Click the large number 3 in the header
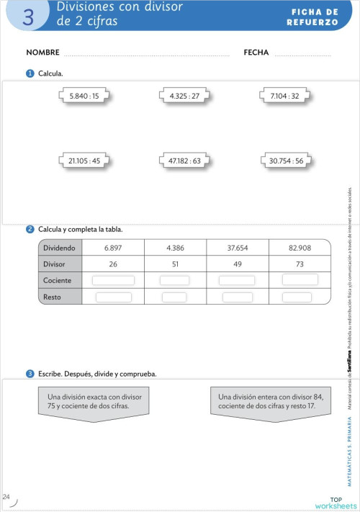[x=28, y=17]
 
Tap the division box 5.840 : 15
[x=84, y=95]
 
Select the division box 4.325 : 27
[x=184, y=95]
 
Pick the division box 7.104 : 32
[x=284, y=95]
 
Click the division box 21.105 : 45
[x=84, y=162]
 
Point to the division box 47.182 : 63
[x=184, y=162]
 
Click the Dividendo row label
[x=59, y=248]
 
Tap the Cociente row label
[x=58, y=280]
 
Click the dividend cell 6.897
[x=113, y=248]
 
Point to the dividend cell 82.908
[x=300, y=248]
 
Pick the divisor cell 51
[x=175, y=264]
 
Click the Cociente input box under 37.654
[x=237, y=280]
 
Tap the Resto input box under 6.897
[x=113, y=297]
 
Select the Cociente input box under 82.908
[x=300, y=279]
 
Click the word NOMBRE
[x=42, y=53]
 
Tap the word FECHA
[x=256, y=53]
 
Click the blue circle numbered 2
[x=30, y=230]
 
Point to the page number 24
[x=6, y=497]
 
